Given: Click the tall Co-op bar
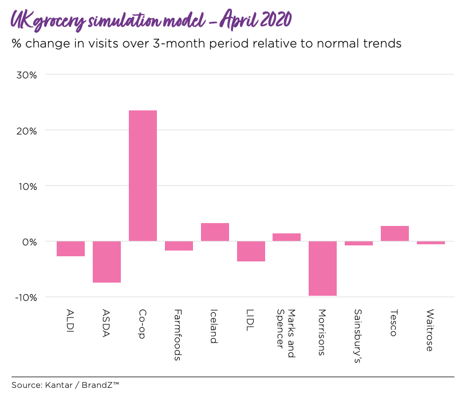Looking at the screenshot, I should pyautogui.click(x=143, y=176).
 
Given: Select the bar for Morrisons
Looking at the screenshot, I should pyautogui.click(x=322, y=268).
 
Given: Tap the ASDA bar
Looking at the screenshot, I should pyautogui.click(x=107, y=262).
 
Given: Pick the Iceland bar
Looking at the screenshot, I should pyautogui.click(x=215, y=232).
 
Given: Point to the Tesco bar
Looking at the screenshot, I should pyautogui.click(x=395, y=233).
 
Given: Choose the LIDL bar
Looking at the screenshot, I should pyautogui.click(x=251, y=251).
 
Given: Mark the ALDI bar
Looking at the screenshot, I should pyautogui.click(x=70, y=249).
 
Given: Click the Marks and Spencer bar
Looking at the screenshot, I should pyautogui.click(x=286, y=237).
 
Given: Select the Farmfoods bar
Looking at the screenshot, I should pyautogui.click(x=179, y=246).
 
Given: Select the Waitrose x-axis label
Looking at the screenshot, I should pyautogui.click(x=430, y=330).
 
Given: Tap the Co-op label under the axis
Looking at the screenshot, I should pyautogui.click(x=143, y=323).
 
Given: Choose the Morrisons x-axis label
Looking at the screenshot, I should pyautogui.click(x=322, y=332).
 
